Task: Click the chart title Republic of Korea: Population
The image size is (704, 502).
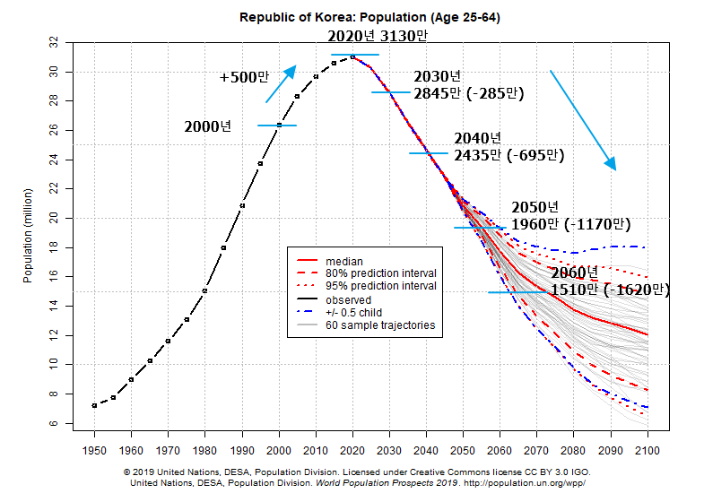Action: (x=358, y=17)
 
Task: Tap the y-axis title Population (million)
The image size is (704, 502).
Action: (x=28, y=235)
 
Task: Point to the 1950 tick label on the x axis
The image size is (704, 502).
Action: (x=94, y=449)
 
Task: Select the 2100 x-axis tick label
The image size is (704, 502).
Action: (x=648, y=449)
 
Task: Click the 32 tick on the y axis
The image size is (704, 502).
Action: (x=56, y=42)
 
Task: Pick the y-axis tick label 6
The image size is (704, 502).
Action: (x=56, y=422)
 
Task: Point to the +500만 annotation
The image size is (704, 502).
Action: (x=244, y=77)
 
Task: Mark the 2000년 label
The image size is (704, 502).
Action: (x=208, y=126)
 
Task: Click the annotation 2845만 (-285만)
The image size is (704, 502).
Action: (x=468, y=92)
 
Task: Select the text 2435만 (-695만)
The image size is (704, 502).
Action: (x=508, y=155)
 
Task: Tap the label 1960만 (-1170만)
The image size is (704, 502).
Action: (x=570, y=224)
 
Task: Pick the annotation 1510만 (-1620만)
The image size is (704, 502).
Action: (x=610, y=290)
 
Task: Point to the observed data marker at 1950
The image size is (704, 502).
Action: (x=94, y=405)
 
